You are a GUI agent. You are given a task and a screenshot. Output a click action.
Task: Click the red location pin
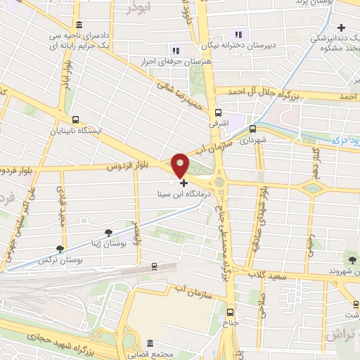(x=181, y=165)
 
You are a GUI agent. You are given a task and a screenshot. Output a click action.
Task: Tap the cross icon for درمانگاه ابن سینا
(x=184, y=183)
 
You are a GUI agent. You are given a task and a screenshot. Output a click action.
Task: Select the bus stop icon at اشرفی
(x=219, y=112)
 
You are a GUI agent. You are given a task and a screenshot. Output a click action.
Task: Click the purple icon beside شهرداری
(x=252, y=128)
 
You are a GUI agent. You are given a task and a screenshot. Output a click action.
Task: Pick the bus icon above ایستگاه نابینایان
(x=75, y=119)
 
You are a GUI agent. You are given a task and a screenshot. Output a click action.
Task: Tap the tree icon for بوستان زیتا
(x=108, y=232)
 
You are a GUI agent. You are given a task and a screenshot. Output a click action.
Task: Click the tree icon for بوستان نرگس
(x=61, y=248)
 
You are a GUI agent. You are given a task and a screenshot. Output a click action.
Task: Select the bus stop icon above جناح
(x=230, y=311)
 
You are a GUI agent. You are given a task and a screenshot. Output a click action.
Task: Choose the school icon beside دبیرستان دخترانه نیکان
(x=238, y=34)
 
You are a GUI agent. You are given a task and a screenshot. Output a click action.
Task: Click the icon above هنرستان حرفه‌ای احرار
(x=176, y=50)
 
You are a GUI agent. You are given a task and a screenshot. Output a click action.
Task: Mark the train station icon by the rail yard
(x=154, y=266)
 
